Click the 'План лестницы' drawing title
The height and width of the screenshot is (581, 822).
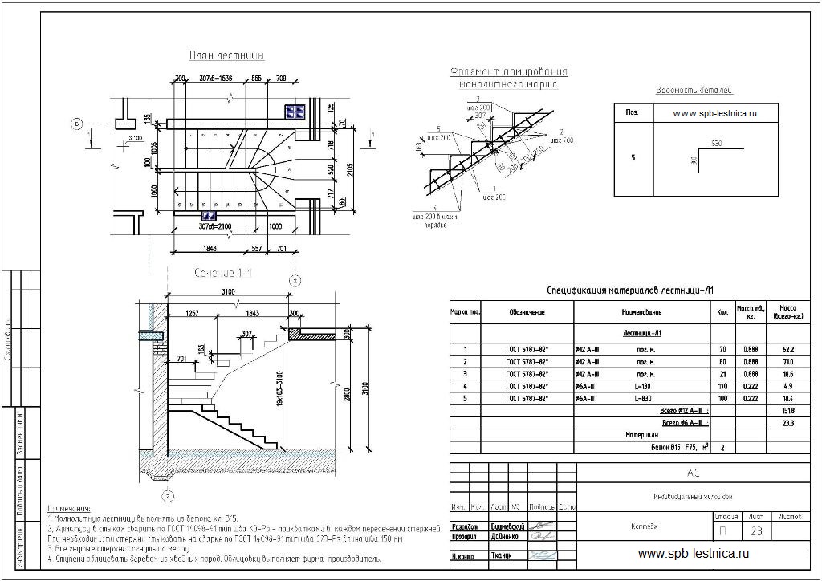(x=226, y=55)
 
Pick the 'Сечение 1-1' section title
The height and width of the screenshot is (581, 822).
(x=224, y=274)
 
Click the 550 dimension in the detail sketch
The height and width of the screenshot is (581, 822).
(x=717, y=143)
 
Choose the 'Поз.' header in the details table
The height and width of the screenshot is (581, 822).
(x=632, y=113)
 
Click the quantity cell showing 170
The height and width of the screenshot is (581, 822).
(x=722, y=387)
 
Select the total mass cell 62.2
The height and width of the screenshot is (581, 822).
(x=787, y=349)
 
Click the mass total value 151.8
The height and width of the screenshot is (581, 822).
(x=787, y=411)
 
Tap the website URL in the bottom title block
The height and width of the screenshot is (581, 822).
(x=694, y=553)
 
